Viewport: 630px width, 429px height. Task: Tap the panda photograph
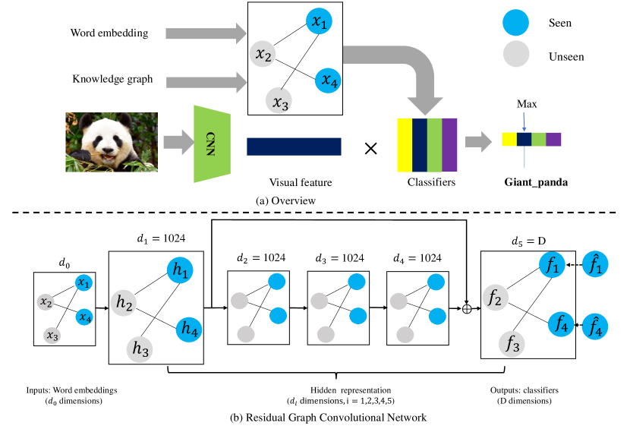111,142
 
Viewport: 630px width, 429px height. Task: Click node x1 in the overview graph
319,24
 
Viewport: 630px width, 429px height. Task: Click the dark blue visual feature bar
294,146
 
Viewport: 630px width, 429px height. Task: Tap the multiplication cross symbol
371,147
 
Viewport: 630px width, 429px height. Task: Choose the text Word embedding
109,33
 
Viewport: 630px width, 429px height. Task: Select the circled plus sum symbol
466,309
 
